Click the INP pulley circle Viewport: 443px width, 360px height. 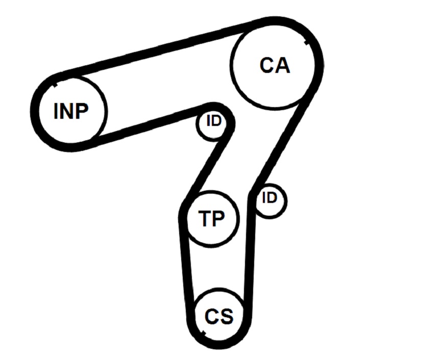coord(71,111)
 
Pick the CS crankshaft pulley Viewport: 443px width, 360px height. coord(219,316)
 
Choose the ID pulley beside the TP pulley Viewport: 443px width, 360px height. coord(270,200)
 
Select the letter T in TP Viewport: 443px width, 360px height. coord(205,219)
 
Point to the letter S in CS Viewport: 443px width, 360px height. coord(226,317)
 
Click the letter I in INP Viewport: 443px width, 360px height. coord(57,111)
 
